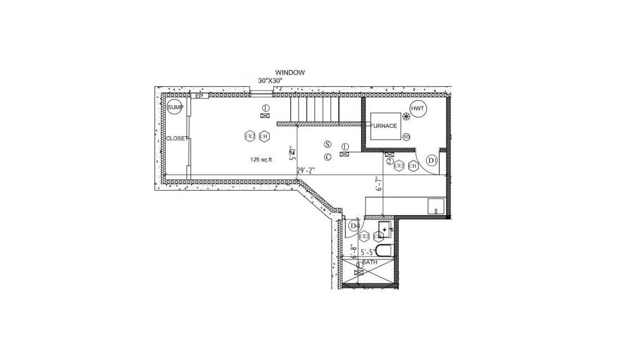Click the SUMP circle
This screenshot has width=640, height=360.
175,107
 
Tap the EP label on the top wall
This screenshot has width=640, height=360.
200,96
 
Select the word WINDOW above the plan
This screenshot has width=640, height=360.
289,72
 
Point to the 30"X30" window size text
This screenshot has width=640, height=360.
271,81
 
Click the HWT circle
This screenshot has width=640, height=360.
417,109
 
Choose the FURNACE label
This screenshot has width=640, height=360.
384,126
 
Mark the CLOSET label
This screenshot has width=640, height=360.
177,138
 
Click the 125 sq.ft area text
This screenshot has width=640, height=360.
261,159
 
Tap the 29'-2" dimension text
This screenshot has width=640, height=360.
306,171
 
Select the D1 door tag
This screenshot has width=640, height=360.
432,161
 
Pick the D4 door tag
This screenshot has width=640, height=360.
354,226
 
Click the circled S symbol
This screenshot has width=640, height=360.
328,143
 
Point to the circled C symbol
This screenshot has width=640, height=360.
328,157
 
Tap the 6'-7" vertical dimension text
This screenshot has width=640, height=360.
379,183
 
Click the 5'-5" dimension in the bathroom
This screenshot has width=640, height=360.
368,252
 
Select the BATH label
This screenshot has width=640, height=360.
370,261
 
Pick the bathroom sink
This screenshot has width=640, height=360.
385,228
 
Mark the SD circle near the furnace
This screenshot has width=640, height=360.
406,137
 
